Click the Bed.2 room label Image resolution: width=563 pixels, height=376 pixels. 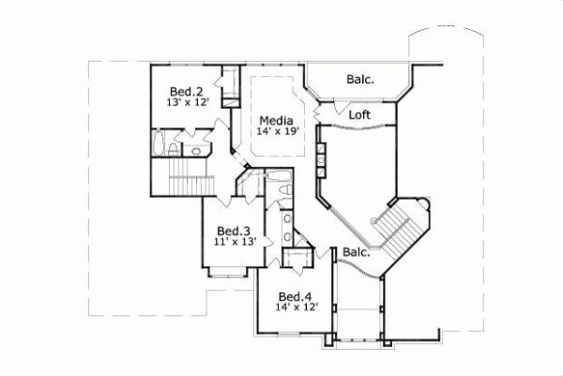coord(187,91)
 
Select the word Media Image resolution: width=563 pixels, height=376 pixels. coord(276,120)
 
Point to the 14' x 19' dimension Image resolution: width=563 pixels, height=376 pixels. coord(276,132)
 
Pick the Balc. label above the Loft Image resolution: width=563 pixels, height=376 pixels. coord(359,80)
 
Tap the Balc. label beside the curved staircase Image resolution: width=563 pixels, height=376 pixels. coord(355,252)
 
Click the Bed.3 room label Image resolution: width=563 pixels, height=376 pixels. coord(233,231)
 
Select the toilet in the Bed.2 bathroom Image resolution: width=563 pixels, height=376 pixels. coord(178,149)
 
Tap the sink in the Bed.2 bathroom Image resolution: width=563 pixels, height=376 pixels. coord(198,150)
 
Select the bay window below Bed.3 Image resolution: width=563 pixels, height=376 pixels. coord(226,273)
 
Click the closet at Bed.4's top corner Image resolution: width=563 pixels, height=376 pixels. coord(299,259)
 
